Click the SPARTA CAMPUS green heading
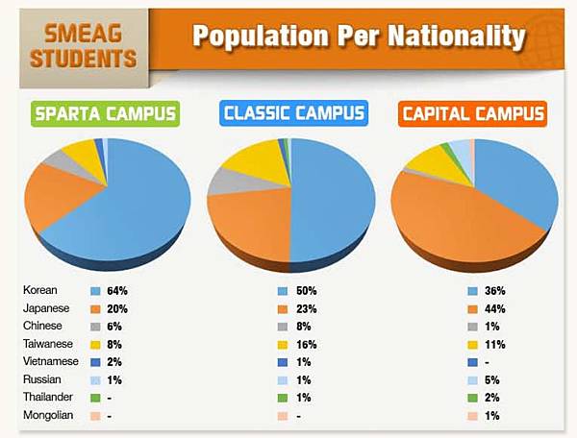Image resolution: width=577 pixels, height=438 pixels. pyautogui.click(x=106, y=114)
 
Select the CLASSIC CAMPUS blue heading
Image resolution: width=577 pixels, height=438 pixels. pyautogui.click(x=293, y=114)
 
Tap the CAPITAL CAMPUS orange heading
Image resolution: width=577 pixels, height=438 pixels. pyautogui.click(x=473, y=114)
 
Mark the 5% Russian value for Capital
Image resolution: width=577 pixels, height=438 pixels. pyautogui.click(x=492, y=381)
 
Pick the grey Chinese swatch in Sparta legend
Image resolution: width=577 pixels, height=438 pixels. pyautogui.click(x=95, y=327)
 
